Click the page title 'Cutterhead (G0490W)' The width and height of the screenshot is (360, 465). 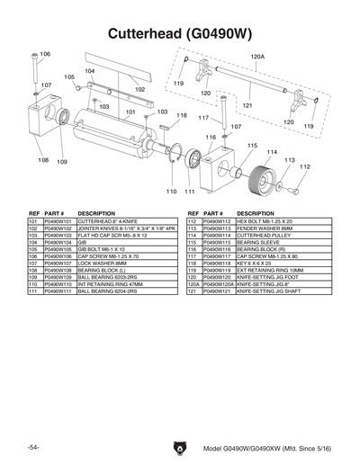(x=180, y=33)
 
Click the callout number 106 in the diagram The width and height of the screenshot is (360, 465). (x=45, y=55)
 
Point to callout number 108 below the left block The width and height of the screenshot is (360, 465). (x=43, y=160)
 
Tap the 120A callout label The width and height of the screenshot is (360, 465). (x=257, y=56)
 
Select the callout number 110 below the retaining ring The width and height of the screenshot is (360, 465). (x=171, y=192)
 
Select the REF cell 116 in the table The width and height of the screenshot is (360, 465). (x=193, y=249)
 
